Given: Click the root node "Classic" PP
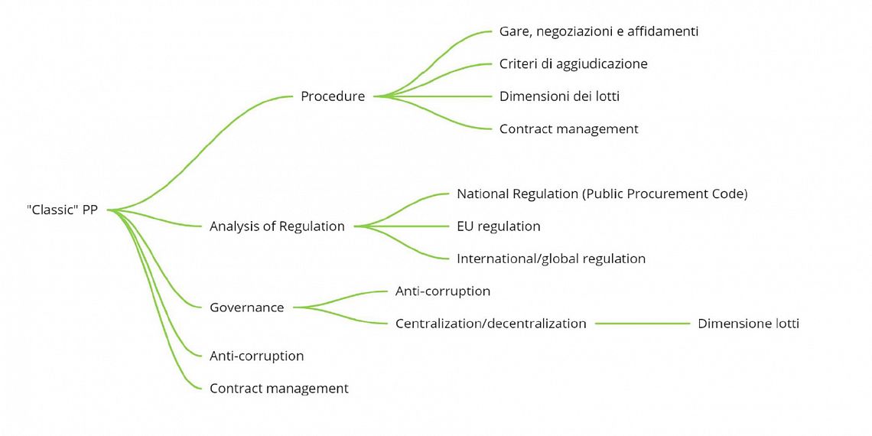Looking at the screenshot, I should coord(62,210).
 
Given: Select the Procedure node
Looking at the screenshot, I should coord(332,96).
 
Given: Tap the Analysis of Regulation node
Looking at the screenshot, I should coord(277,226).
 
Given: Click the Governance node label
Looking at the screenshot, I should coord(246,307).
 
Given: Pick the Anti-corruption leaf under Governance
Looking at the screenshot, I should coord(442,291).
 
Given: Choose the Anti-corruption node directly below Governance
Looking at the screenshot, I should coord(256,356).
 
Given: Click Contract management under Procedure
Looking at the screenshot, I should coord(568,129).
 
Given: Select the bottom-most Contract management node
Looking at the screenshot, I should coord(278,389).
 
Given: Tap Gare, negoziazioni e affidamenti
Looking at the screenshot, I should coord(598,32).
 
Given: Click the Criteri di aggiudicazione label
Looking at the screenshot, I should coord(573,64).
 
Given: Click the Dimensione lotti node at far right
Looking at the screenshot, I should coord(748,324).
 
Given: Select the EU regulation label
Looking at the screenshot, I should coord(498,226).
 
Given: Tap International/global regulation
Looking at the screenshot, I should coord(551,259).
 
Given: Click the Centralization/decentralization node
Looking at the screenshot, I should coord(490,324).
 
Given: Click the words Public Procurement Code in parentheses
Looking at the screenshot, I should coord(665,194).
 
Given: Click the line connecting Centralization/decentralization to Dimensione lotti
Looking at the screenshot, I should coord(643,324).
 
